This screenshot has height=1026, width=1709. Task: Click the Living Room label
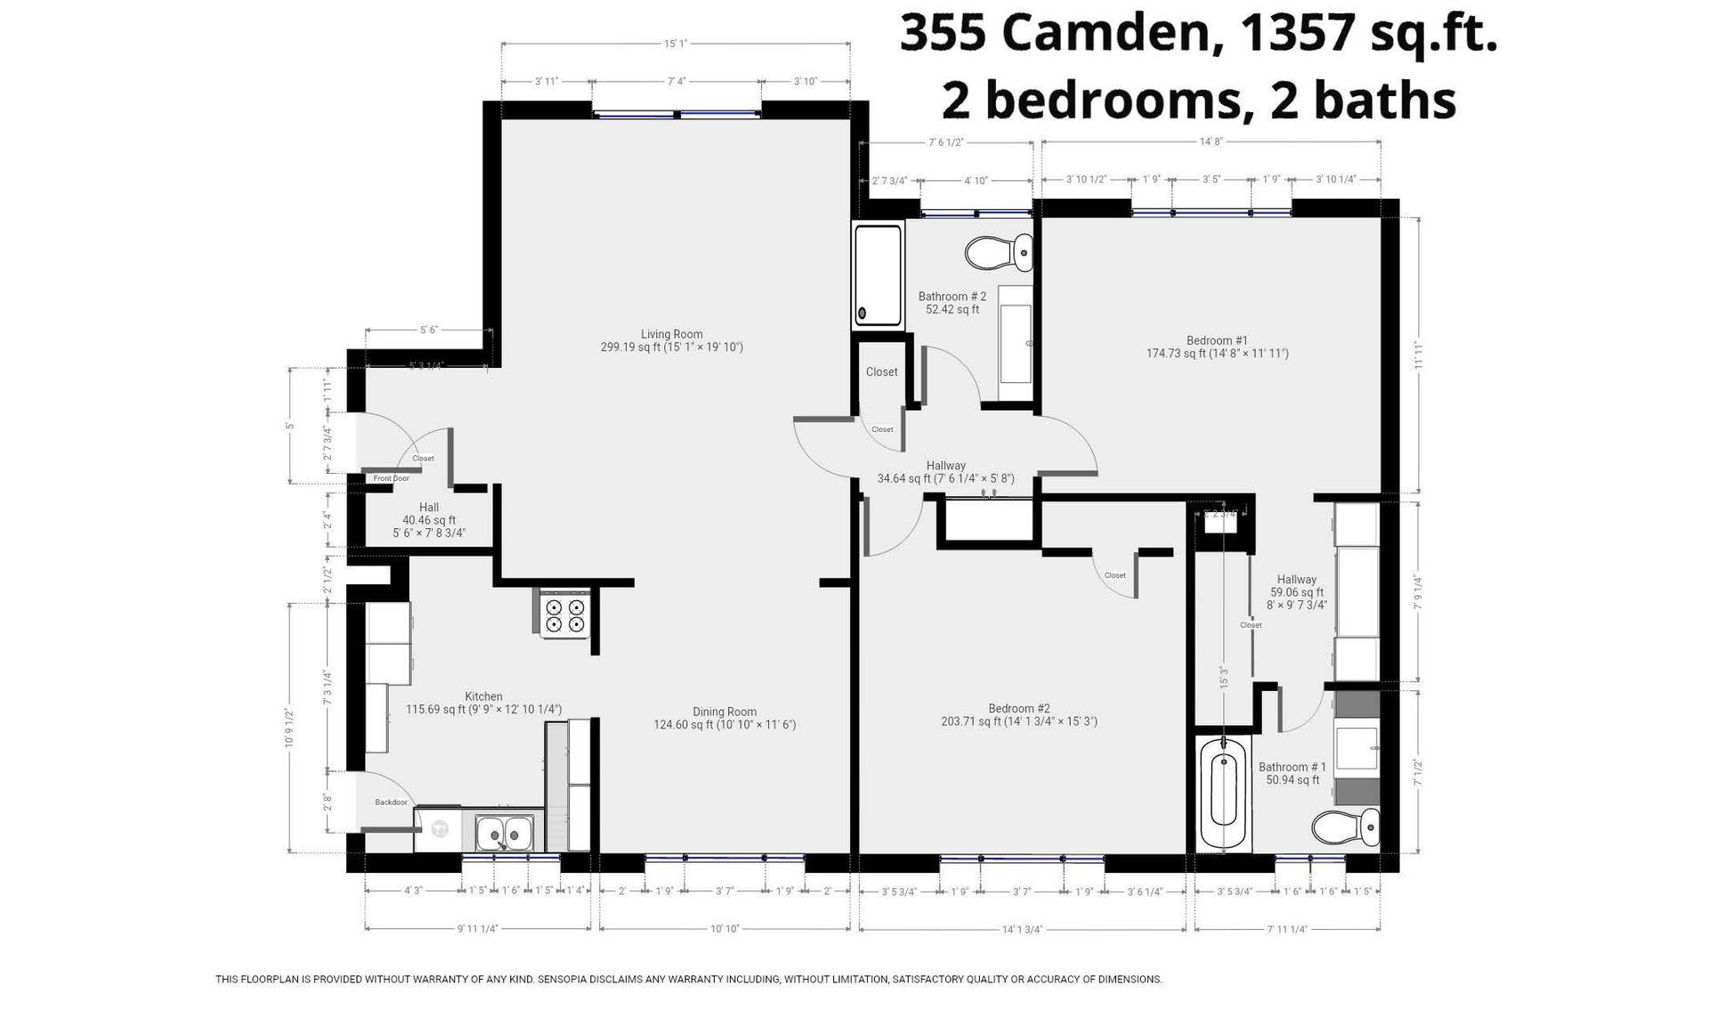671,334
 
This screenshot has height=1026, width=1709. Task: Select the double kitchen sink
503,834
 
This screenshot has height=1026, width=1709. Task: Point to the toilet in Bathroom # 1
1345,827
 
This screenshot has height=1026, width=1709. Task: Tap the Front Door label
391,478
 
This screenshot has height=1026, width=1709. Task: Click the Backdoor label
391,802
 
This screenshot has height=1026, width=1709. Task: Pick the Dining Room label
725,712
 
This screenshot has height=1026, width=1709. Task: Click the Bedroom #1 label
1217,340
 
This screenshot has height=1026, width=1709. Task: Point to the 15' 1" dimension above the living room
676,43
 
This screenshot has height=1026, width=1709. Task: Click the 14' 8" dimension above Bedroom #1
1211,142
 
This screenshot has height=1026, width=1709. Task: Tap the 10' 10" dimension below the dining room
725,929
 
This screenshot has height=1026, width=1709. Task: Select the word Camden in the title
1105,34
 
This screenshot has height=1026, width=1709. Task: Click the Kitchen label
483,696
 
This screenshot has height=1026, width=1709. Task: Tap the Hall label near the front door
429,507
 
